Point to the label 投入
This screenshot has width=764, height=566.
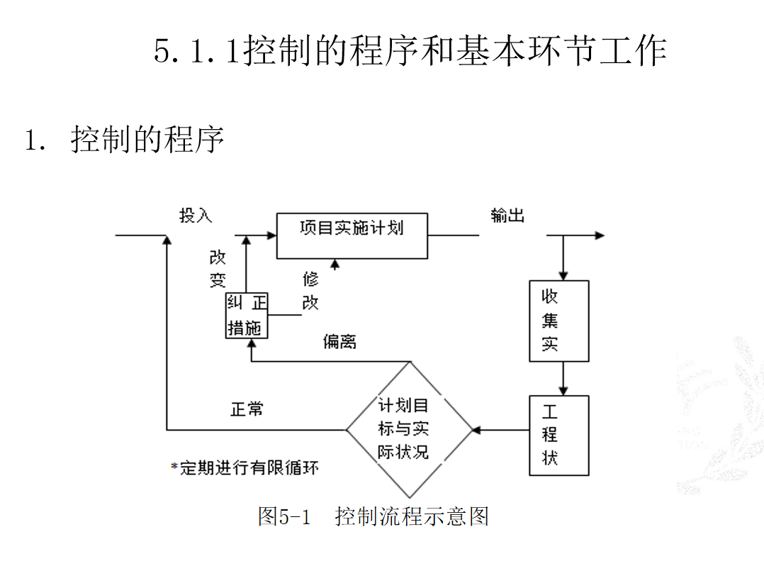click(196, 215)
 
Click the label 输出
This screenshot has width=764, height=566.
click(507, 215)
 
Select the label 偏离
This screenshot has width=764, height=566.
click(339, 341)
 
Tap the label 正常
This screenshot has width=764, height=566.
click(247, 409)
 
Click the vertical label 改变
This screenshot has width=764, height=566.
click(218, 269)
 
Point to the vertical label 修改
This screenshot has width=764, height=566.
click(310, 291)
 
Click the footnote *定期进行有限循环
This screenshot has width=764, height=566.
click(245, 467)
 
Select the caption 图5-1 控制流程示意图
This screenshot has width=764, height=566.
click(373, 516)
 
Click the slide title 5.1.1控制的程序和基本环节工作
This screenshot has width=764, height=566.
click(410, 50)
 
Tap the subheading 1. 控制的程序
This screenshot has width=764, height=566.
click(124, 139)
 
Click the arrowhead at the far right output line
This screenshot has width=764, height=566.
click(600, 235)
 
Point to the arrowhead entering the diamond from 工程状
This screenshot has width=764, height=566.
click(477, 430)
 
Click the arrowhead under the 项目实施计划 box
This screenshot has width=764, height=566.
click(335, 265)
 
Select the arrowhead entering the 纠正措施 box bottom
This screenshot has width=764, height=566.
click(252, 344)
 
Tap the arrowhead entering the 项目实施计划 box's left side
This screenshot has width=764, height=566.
click(272, 235)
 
